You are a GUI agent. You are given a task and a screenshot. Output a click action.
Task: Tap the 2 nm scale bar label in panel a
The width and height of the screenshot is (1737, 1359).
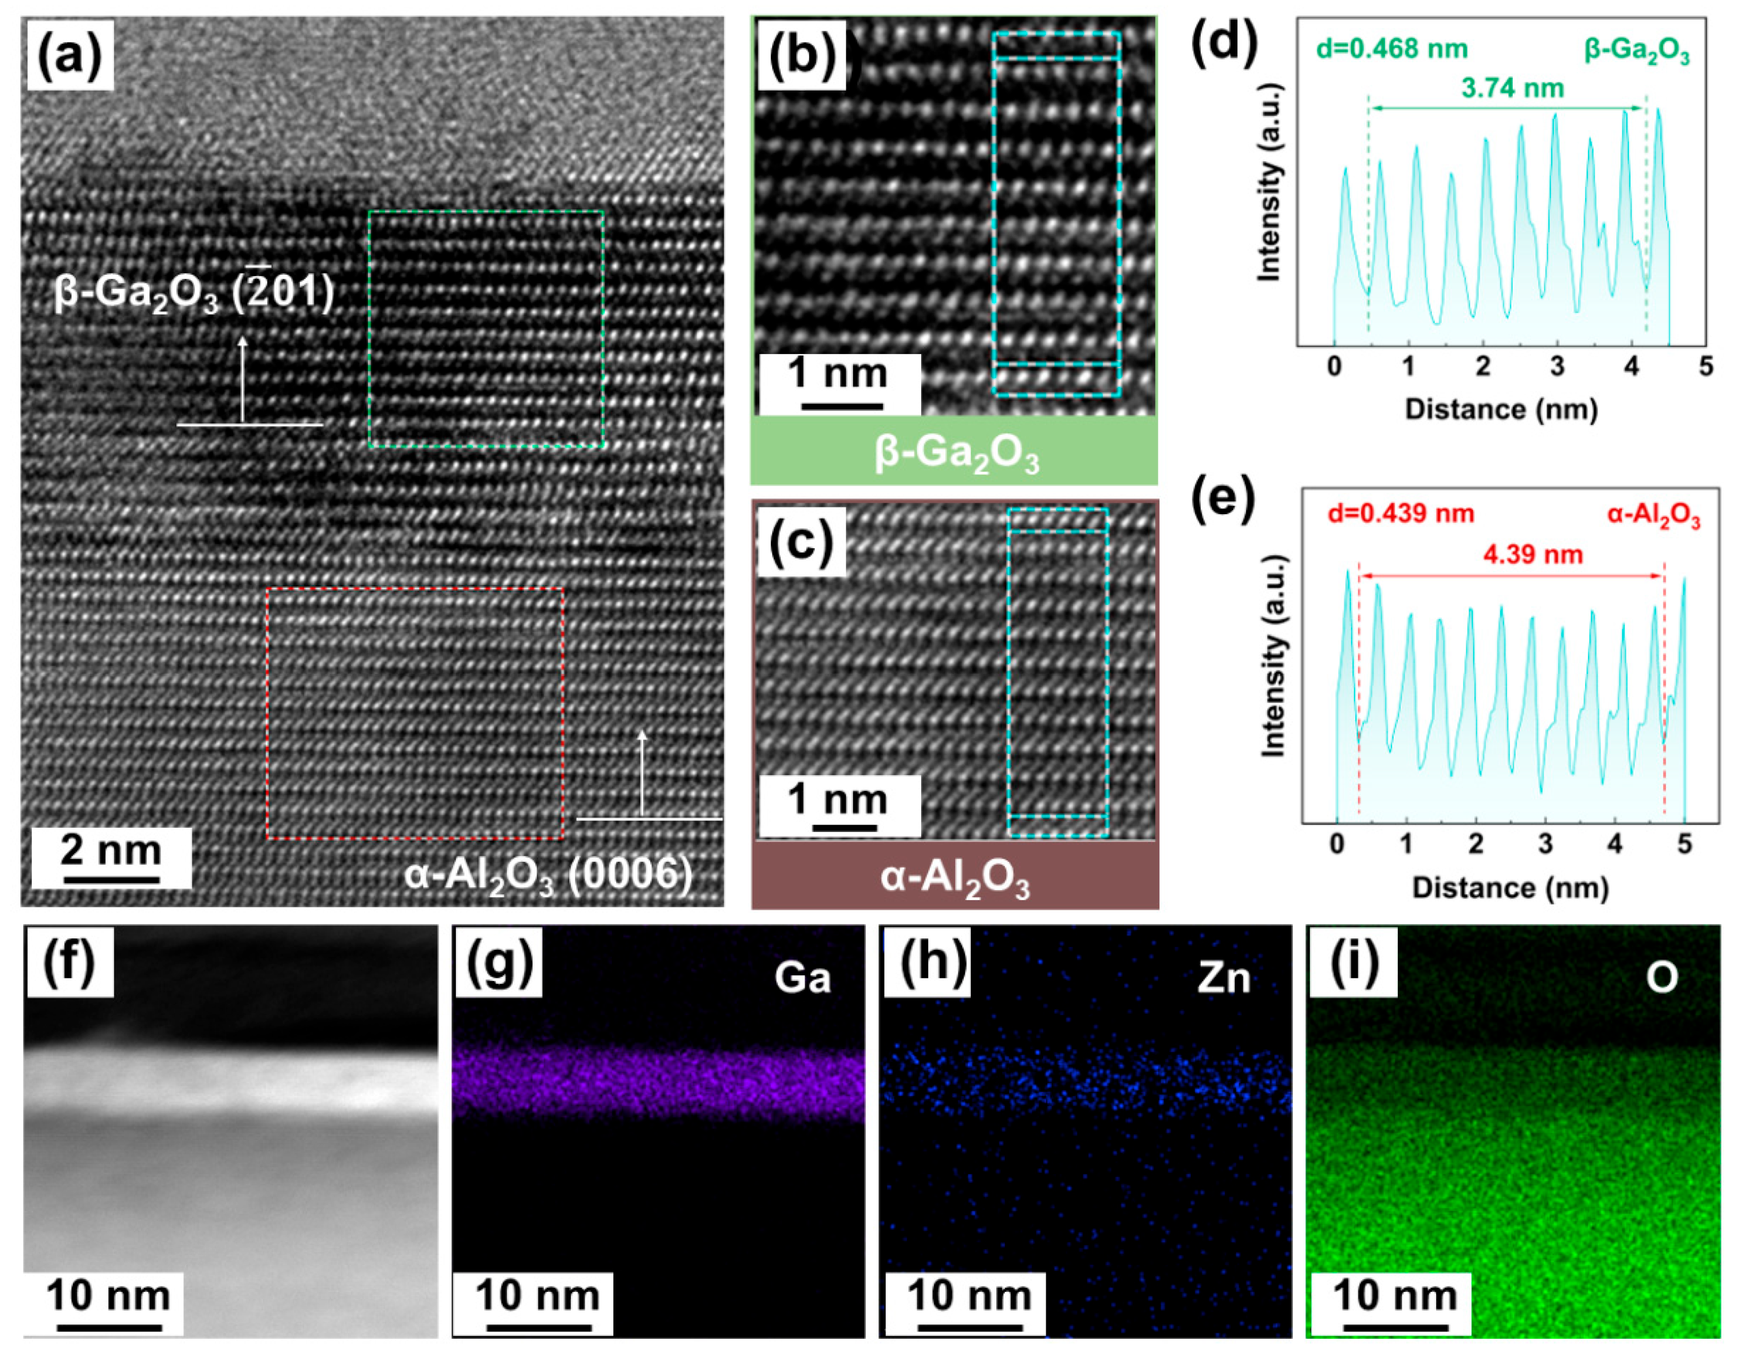pos(111,850)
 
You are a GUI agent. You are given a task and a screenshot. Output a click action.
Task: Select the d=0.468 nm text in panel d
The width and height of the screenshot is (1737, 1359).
pos(1390,50)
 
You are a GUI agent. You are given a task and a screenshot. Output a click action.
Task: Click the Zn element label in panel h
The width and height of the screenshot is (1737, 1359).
pos(1224,978)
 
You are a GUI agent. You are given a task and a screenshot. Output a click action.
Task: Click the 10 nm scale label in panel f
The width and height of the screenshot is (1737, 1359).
pos(109,1296)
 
